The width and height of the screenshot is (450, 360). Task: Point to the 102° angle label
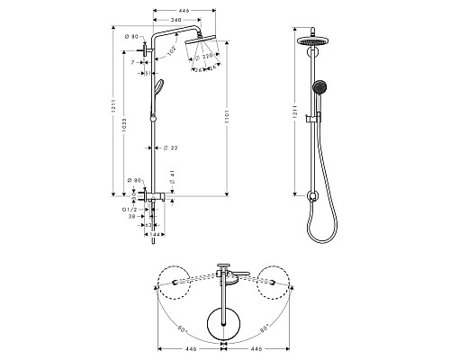click(x=171, y=51)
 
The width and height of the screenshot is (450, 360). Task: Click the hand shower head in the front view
click(x=316, y=87)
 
